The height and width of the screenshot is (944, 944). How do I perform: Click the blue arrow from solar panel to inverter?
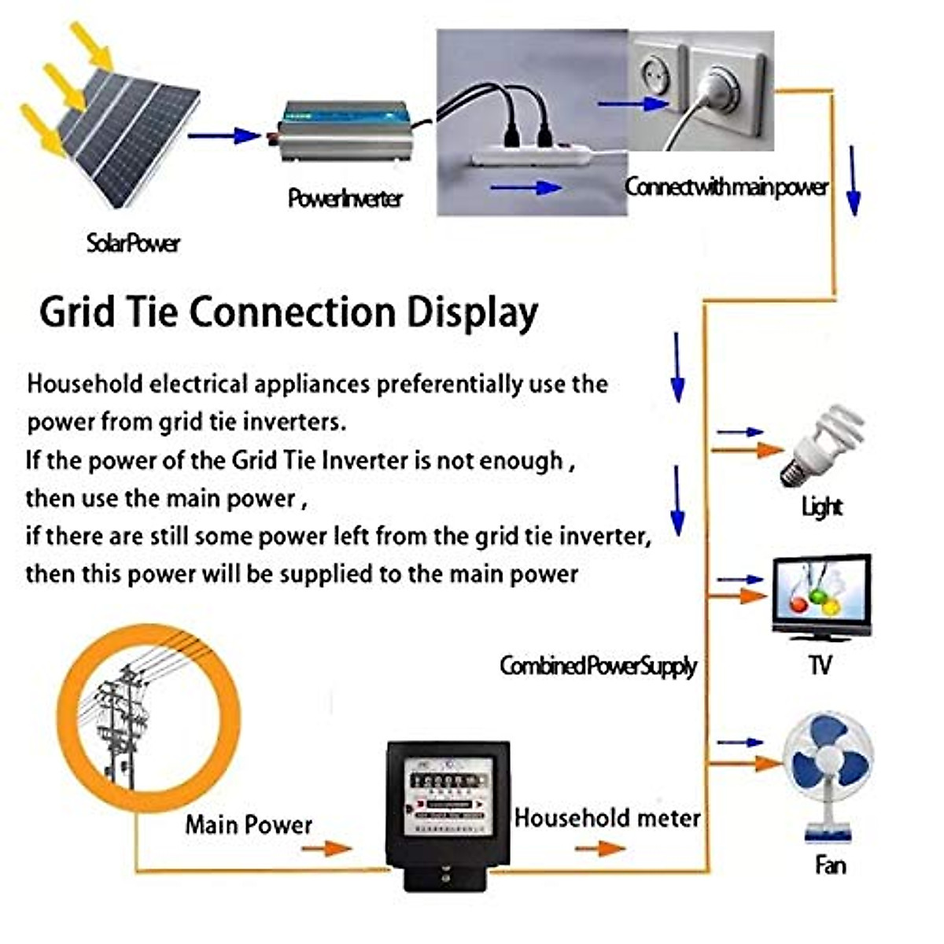pyautogui.click(x=223, y=136)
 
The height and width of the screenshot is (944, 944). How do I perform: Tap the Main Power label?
pyautogui.click(x=249, y=824)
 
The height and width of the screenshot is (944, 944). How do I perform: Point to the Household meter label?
pyautogui.click(x=607, y=818)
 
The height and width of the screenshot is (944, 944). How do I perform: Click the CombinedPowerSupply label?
pyautogui.click(x=598, y=666)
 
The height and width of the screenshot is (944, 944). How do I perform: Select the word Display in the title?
pyautogui.click(x=472, y=313)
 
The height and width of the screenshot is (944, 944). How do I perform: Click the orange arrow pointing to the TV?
pyautogui.click(x=739, y=597)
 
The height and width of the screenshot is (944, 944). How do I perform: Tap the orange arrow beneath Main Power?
pyautogui.click(x=326, y=848)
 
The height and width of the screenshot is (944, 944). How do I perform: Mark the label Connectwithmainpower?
pyautogui.click(x=726, y=187)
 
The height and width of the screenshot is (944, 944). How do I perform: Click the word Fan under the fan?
pyautogui.click(x=830, y=866)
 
